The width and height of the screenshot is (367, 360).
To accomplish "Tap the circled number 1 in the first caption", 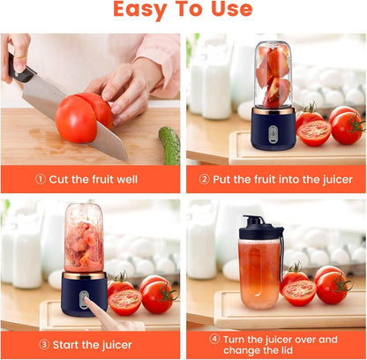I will coord(41,179).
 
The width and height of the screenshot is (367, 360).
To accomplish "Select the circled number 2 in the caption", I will coord(205,179).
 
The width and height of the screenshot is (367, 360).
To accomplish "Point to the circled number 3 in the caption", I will coord(41,344).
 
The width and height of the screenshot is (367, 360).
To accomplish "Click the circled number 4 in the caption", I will coord(213,339).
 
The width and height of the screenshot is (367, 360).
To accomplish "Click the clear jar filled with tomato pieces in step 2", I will coord(273,76).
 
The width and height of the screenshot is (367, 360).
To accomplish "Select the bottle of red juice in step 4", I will coord(260,274).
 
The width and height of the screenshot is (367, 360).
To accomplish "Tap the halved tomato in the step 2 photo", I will coord(313,132).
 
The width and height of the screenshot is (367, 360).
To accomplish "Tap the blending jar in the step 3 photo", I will coord(84,237).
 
